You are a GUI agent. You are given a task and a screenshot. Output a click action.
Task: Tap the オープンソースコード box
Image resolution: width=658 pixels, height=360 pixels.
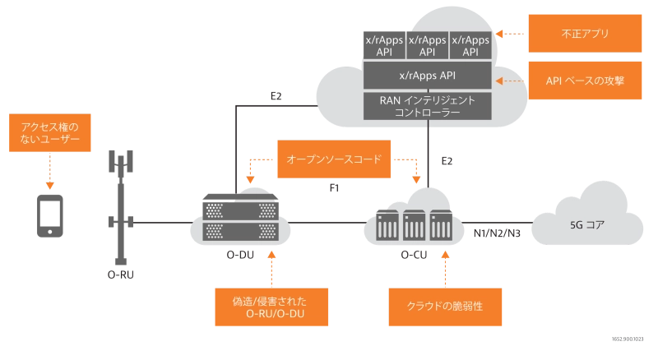[x=332, y=159]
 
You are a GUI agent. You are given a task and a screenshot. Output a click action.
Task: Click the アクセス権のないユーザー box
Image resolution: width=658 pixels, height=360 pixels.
[x=49, y=135]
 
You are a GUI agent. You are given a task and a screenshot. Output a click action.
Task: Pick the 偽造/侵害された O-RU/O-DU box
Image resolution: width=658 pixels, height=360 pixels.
[x=270, y=307]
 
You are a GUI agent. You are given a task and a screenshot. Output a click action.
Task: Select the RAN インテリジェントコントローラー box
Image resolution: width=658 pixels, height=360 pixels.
[x=427, y=106]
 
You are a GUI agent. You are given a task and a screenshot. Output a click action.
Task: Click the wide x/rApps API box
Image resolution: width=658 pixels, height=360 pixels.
[x=427, y=76]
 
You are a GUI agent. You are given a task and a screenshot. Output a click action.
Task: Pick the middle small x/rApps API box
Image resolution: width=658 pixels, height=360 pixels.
[x=428, y=45]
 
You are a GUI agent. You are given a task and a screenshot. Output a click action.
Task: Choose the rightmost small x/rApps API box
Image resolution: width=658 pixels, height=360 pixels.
[x=470, y=45]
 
